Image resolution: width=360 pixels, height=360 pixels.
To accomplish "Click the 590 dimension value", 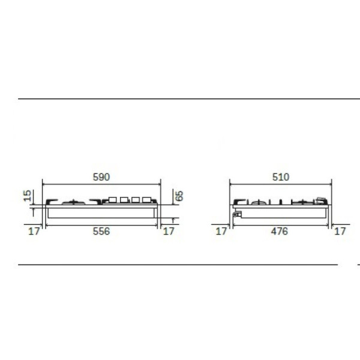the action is point(101,177).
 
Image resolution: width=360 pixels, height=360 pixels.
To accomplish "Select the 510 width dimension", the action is point(281,177).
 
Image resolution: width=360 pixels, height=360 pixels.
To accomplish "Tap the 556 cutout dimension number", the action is point(101,231).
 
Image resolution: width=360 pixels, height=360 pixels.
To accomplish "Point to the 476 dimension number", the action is point(279,231).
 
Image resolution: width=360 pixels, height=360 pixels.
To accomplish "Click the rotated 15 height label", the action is point(28,196).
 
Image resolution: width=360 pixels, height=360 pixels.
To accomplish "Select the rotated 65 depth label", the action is point(179,196).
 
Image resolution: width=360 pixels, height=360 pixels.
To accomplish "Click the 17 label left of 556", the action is point(34,231).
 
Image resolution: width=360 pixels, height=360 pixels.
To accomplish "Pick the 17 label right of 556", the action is point(169,231).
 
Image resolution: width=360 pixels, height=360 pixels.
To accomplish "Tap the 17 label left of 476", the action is point(221,231).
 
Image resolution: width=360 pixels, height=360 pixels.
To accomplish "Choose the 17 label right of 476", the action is point(340,231).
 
